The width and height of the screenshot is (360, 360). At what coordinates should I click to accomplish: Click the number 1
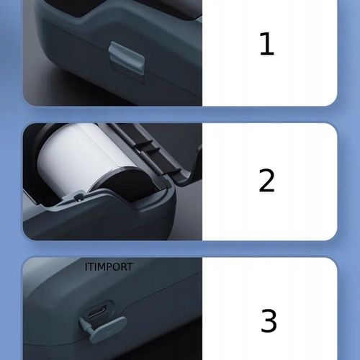coord(267,44)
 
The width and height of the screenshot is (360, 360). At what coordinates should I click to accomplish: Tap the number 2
coord(267,181)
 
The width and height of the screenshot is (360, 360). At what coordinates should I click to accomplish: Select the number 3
coord(268,320)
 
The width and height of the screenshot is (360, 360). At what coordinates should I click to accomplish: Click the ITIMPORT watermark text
coord(109,266)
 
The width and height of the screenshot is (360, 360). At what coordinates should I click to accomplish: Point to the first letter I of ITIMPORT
coord(86,266)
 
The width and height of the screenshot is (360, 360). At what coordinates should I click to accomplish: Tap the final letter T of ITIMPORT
coord(130,266)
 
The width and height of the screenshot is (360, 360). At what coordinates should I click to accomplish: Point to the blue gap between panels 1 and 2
coord(180,114)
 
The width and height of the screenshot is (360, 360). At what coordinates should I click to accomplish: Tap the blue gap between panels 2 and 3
coord(180,248)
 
